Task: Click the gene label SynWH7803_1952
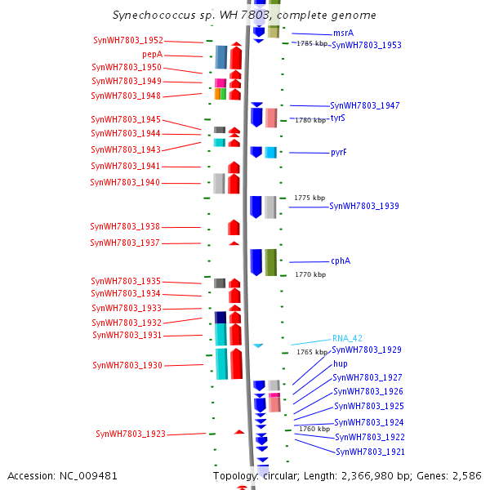click(x=128, y=40)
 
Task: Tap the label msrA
click(x=343, y=33)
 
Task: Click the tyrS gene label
click(x=337, y=118)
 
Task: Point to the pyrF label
click(x=338, y=153)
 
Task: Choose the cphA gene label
click(x=341, y=261)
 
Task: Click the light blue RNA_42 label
click(x=347, y=338)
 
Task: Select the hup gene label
click(x=340, y=363)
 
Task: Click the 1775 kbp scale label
click(x=310, y=198)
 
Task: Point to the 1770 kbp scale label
click(x=310, y=275)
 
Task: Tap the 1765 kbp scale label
click(x=311, y=353)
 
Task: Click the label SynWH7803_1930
click(x=127, y=365)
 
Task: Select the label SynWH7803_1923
click(x=131, y=434)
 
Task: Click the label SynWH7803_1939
click(x=364, y=207)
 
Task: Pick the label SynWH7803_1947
click(x=365, y=106)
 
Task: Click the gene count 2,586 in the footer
click(x=466, y=475)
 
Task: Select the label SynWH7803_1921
click(x=370, y=452)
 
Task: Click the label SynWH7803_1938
click(x=126, y=226)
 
